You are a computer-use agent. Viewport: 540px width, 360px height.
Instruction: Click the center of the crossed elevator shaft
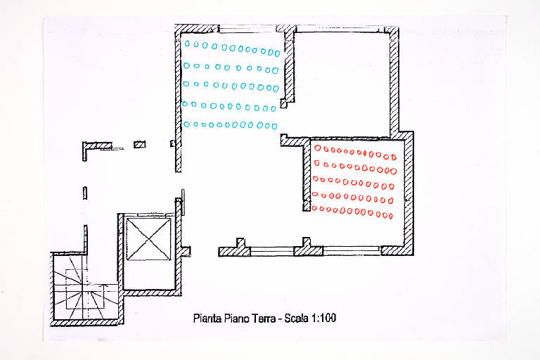(x=148, y=240)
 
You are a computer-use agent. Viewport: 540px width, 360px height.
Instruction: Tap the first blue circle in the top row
(x=187, y=44)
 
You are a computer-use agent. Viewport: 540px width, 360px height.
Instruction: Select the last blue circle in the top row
(x=277, y=53)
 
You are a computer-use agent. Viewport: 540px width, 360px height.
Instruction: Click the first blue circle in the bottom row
(x=186, y=124)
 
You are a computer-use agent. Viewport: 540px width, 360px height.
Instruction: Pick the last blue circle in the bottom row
(x=274, y=127)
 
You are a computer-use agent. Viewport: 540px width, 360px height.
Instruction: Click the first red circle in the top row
(x=318, y=148)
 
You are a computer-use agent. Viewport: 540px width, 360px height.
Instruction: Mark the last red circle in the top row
(x=394, y=157)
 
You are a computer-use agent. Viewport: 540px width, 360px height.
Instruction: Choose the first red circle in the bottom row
(x=314, y=208)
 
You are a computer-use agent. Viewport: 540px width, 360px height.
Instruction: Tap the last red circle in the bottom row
(x=391, y=217)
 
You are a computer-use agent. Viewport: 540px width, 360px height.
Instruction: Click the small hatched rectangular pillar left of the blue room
(x=139, y=144)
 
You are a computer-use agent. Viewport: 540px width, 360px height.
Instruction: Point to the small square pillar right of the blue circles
(x=283, y=103)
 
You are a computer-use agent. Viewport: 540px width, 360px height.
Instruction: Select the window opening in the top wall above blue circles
(x=247, y=30)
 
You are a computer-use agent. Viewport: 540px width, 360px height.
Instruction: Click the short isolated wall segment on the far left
(x=84, y=193)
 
